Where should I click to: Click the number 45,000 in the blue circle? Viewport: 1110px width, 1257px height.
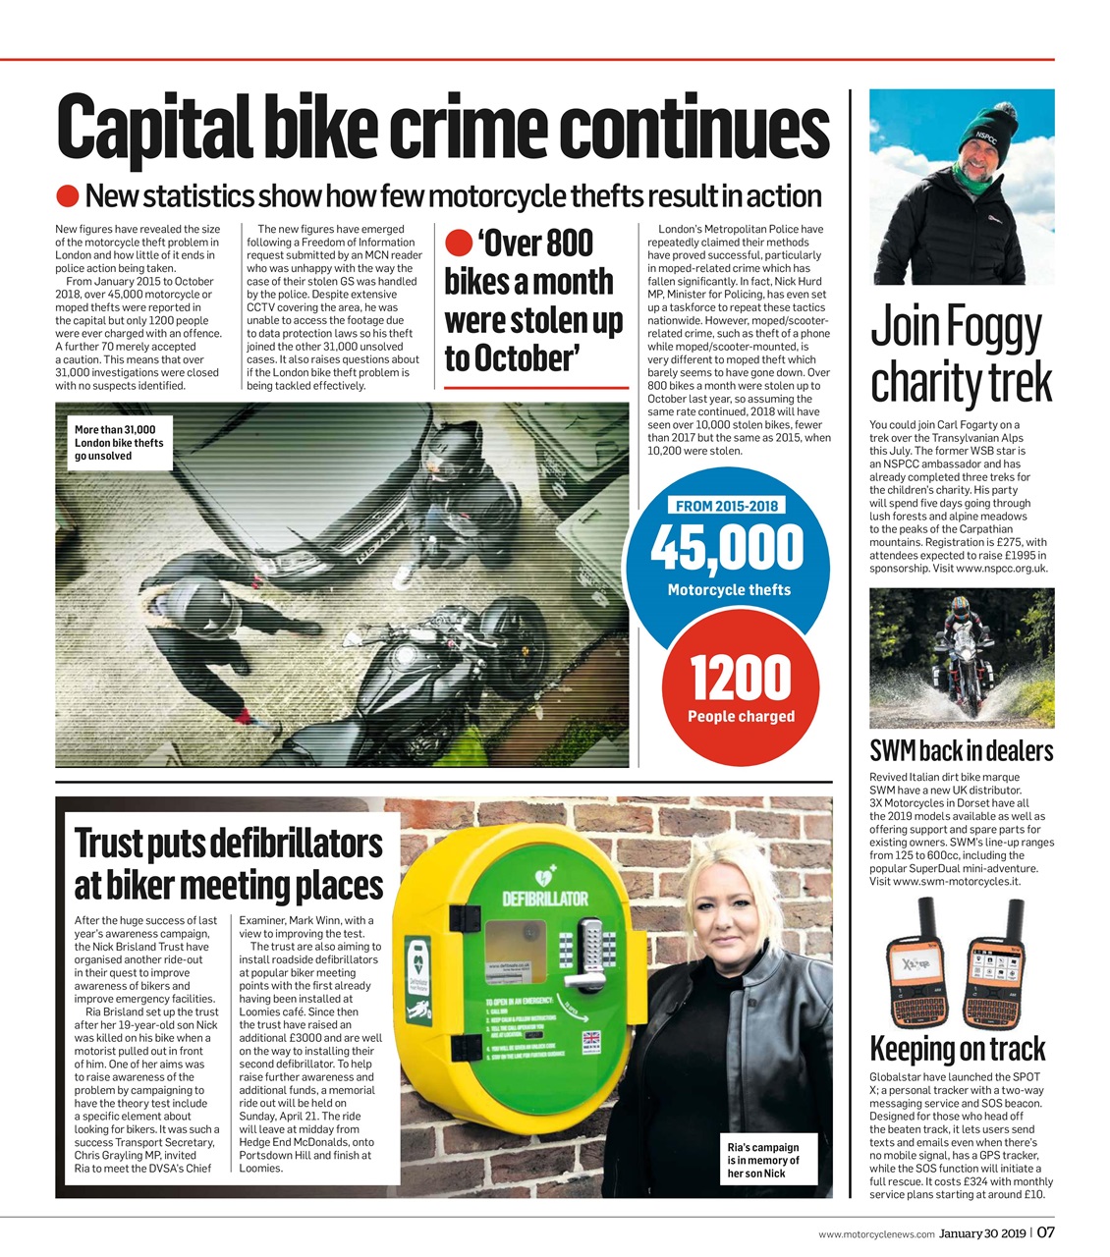click(727, 547)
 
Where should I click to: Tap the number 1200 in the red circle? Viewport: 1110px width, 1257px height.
click(740, 677)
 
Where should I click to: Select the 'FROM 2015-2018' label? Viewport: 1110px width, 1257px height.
click(727, 506)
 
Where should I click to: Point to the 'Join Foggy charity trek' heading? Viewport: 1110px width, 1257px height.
click(961, 355)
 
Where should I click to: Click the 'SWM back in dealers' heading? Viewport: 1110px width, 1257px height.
click(961, 751)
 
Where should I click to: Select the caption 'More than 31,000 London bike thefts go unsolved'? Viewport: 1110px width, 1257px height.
click(119, 443)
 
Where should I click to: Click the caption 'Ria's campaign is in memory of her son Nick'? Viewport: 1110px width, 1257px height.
click(763, 1160)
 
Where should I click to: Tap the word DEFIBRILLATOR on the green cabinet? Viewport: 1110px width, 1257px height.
click(545, 898)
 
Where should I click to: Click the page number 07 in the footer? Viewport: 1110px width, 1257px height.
click(1045, 1233)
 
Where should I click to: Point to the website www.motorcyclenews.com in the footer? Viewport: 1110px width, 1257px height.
click(875, 1234)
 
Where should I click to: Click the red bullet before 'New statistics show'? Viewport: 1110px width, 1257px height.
click(67, 196)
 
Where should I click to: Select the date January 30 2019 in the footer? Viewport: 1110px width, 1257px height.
click(981, 1233)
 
